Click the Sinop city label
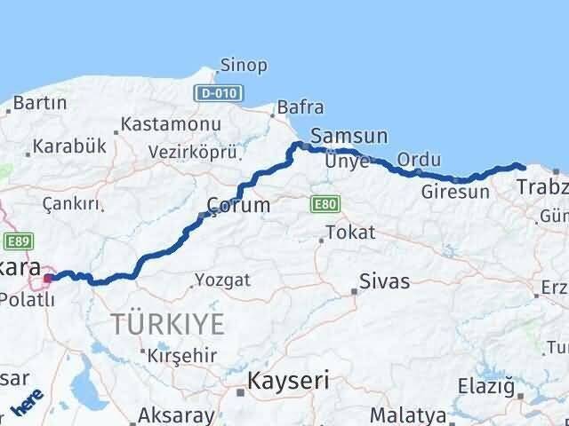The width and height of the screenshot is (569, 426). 244,66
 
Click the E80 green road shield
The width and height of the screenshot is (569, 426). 324,204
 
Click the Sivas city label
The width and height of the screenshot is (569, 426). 384,282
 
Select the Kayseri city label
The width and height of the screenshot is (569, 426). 287,381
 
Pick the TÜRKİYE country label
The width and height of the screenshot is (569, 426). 168,324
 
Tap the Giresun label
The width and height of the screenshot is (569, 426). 455,191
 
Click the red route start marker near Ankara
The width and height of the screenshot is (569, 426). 48,278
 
